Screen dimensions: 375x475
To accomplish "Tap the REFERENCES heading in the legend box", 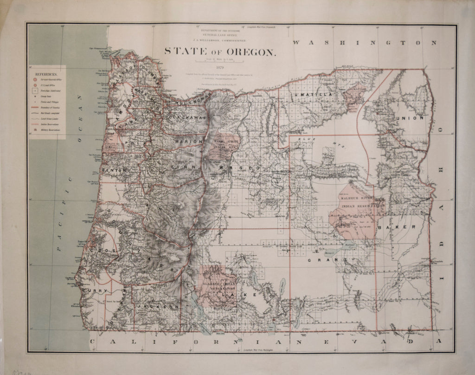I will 46,74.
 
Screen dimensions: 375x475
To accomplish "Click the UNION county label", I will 410,118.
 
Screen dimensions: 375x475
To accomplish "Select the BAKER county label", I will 396,227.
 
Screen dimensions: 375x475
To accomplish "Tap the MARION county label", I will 189,141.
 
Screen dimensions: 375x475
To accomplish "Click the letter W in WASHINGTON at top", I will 297,43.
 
